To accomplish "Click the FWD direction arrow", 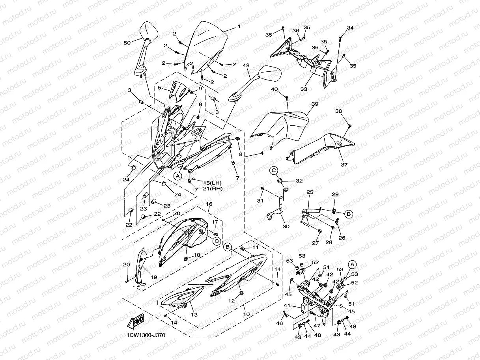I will pos(135,321).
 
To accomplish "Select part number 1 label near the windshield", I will pos(239,27).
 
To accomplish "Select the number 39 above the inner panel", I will pos(314,104).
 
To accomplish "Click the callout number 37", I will pos(344,165).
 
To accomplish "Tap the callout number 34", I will pos(350,28).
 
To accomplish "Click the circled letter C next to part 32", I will pos(274,170).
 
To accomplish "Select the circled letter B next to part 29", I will pos(348,214).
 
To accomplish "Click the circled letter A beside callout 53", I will pos(352,264).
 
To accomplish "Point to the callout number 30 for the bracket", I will pos(286,226).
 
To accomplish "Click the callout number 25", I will pos(310,192).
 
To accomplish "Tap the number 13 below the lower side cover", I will pos(194,315).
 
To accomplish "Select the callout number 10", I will pos(247,315).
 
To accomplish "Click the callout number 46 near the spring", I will pos(279,323).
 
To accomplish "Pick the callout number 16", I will pos(209,204).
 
